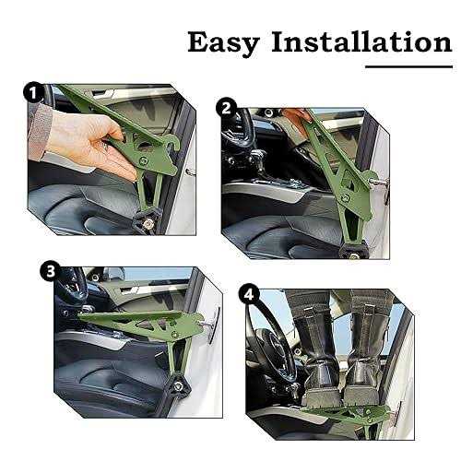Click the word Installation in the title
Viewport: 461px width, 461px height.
point(349,41)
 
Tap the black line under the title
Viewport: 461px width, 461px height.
point(396,66)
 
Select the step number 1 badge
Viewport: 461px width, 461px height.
point(33,92)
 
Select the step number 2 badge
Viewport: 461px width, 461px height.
point(225,108)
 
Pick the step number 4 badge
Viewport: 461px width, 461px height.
point(248,296)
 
